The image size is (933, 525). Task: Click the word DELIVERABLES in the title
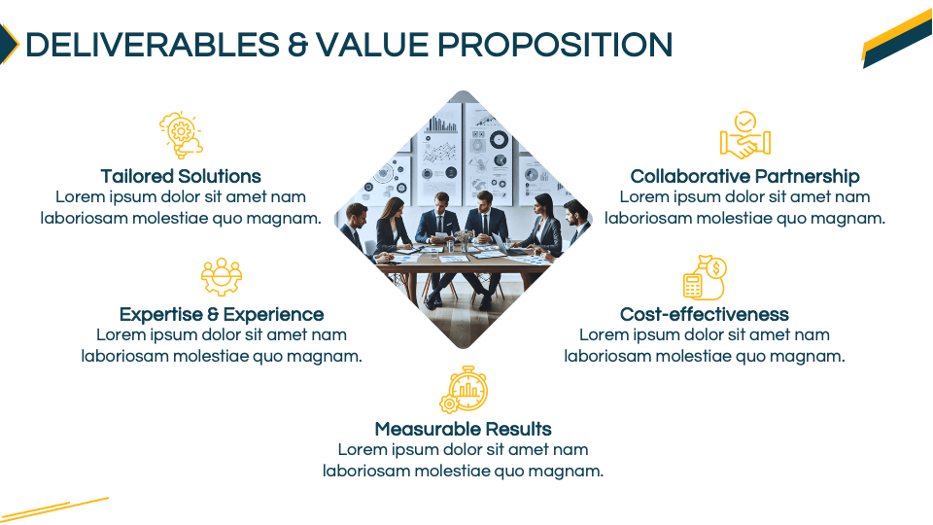coord(153,45)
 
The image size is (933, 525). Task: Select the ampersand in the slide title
coord(297,46)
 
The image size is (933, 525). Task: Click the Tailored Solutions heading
coord(181,176)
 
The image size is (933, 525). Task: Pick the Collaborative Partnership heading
coord(745,176)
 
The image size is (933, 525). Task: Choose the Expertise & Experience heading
coord(222,314)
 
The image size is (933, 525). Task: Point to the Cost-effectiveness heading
coord(705,314)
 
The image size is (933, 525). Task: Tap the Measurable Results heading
coord(463,429)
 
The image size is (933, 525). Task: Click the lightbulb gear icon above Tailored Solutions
coord(181,135)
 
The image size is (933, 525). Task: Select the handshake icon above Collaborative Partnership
coord(745,135)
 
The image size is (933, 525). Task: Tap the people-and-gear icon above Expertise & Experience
coord(222,277)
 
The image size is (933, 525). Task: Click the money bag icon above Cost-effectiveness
coord(705,277)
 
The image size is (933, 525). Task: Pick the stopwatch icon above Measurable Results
coord(464,389)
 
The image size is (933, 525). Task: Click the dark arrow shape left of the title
coord(9,44)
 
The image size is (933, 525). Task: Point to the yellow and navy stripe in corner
coord(898,39)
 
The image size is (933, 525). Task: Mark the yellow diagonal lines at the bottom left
coord(54,508)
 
